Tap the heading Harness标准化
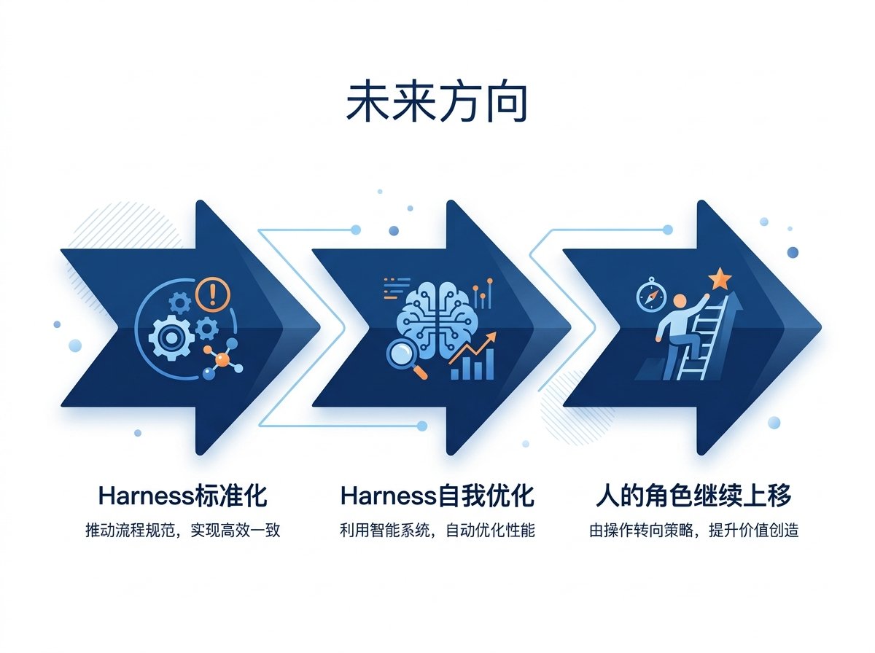(182, 496)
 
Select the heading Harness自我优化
(437, 496)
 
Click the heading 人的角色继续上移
(693, 496)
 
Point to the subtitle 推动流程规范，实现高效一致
(182, 531)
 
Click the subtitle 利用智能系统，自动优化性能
(437, 531)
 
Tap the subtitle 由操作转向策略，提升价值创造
(693, 531)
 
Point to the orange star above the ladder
(720, 278)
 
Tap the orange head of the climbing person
(680, 301)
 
